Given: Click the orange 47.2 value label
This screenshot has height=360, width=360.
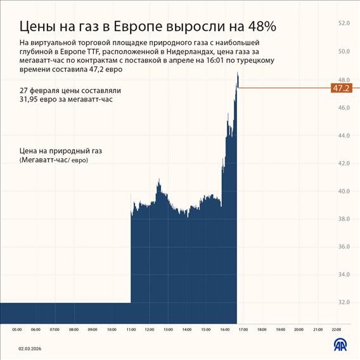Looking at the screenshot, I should tap(341, 88).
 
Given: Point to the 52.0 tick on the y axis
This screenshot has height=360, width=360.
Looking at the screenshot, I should tap(344, 23).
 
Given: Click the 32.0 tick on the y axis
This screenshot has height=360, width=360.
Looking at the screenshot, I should tap(344, 302).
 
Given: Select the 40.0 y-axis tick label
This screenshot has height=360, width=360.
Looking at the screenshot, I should tap(344, 191).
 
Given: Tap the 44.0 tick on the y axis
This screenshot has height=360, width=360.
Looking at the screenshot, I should tap(344, 136).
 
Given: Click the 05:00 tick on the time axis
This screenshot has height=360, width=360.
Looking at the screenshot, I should tap(17, 330).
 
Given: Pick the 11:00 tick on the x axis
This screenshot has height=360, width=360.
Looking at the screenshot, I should tap(131, 330).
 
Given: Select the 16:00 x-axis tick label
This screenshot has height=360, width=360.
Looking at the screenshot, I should tap(224, 330).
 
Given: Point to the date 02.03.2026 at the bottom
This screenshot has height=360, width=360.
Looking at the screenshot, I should tap(30, 347).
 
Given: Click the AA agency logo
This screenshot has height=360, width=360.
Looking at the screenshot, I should tap(340, 345).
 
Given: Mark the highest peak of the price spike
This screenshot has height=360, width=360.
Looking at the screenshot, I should tap(238, 73).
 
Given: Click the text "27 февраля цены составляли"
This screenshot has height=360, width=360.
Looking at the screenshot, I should tap(70, 91).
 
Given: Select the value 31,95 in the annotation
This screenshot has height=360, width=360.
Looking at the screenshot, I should tap(31, 100).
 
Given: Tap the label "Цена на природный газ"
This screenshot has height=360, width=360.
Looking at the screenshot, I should tap(61, 151).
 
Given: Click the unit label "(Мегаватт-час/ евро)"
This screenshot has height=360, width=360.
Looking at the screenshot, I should tap(54, 160).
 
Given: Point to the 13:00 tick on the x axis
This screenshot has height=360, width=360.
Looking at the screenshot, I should tap(168, 330).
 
